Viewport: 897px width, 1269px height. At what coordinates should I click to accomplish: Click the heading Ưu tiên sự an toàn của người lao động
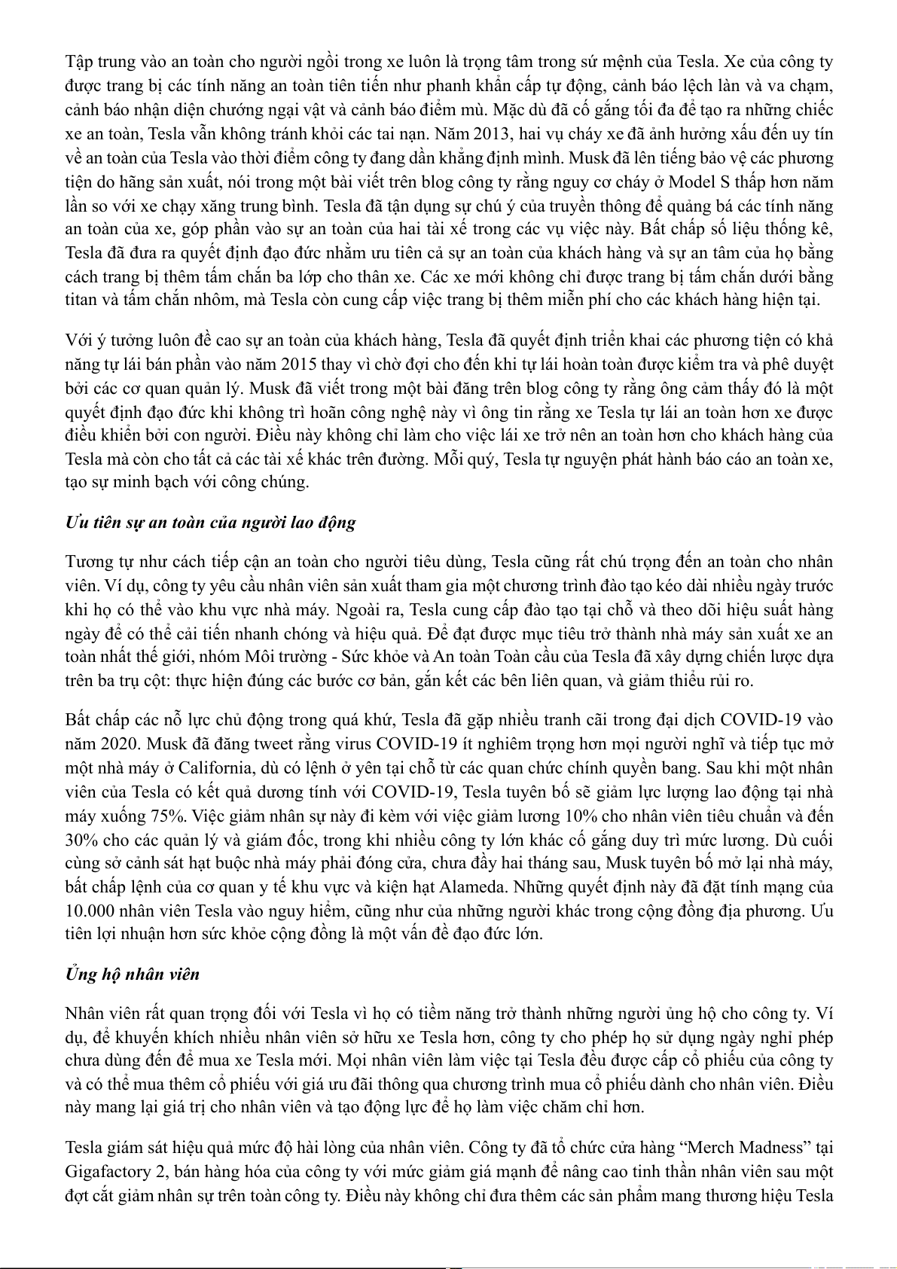pos(211,523)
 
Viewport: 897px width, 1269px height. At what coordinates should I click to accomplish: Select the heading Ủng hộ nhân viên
pos(133,974)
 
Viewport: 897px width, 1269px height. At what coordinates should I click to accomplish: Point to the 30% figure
pos(80,840)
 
